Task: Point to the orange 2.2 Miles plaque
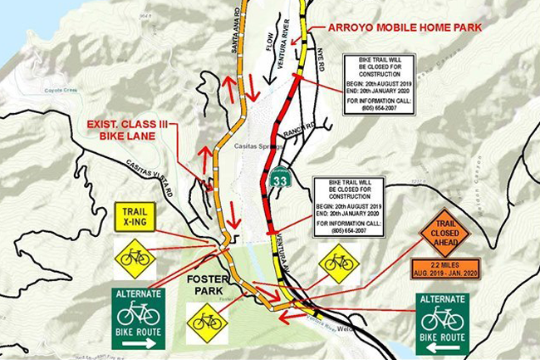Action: click(444, 269)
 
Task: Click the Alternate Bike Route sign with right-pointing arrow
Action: click(138, 318)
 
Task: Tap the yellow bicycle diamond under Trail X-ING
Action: click(135, 257)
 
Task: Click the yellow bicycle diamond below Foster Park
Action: click(206, 323)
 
